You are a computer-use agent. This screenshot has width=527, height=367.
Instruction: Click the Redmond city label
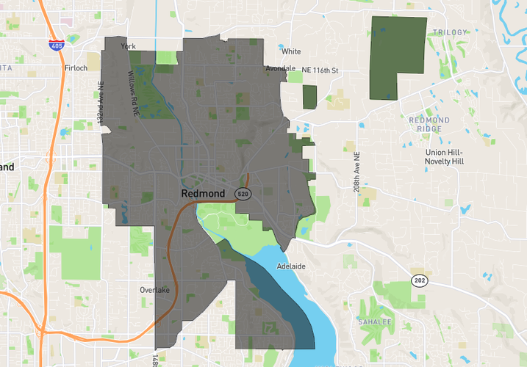click(203, 193)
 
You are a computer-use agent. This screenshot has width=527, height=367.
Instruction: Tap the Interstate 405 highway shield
click(56, 45)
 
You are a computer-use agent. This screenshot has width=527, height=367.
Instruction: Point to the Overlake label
click(154, 290)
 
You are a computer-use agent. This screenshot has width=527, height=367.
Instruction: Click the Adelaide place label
click(291, 266)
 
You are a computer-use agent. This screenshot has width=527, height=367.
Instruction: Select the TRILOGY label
click(450, 32)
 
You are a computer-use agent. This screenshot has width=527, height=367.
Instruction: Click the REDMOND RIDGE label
click(425, 124)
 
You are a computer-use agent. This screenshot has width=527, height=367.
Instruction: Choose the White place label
click(291, 51)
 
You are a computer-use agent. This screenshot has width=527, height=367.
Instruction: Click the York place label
click(129, 46)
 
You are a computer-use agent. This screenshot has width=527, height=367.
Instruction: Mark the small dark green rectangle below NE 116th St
click(309, 96)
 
